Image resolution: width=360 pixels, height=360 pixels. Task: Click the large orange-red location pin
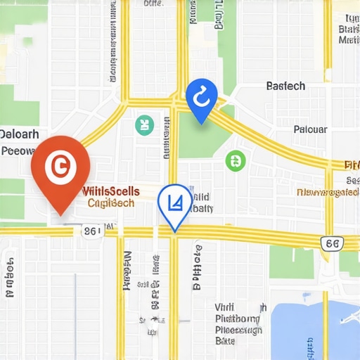(60, 169)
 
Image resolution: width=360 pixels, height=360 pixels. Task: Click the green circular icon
(235, 160)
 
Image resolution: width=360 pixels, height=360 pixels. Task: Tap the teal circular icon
(144, 126)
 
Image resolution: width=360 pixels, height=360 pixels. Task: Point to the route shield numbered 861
(91, 230)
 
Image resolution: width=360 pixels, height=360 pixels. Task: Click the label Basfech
(286, 86)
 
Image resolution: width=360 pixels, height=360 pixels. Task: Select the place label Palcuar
(309, 129)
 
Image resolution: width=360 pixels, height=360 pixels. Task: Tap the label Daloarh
(20, 134)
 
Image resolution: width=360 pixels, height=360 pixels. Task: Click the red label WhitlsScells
(111, 191)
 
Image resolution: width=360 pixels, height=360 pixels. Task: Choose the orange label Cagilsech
(111, 202)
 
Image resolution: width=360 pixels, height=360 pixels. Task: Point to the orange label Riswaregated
(328, 191)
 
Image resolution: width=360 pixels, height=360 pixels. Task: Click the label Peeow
(18, 150)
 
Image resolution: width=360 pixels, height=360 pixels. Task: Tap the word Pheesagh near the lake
(239, 330)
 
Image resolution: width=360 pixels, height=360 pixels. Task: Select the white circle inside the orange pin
(59, 166)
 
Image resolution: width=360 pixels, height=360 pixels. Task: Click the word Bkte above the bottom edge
(225, 340)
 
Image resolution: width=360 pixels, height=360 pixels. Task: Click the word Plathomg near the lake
(239, 319)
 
